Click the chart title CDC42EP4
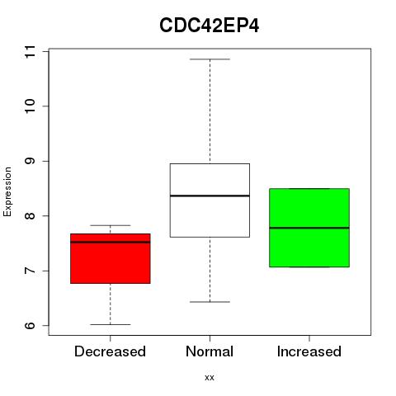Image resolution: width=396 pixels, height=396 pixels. coord(210,26)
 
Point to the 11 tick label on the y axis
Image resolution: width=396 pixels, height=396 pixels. coord(30,52)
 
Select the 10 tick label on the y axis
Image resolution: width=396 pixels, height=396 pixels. coord(30,106)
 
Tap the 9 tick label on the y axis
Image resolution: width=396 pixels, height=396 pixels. coord(30,161)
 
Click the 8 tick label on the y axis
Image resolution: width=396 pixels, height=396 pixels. coord(30,216)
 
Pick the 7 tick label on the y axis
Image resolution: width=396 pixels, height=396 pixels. coord(30,271)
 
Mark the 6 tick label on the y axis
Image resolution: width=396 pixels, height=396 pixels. coord(30,326)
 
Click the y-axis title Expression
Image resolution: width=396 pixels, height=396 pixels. coord(7,191)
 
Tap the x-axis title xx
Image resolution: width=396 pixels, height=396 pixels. coord(210,378)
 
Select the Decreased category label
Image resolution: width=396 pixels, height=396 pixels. coord(110,351)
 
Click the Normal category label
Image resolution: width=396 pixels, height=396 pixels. coord(210,351)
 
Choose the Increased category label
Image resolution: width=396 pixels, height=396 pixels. coord(309,351)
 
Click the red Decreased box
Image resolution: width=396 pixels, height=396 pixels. coord(111,258)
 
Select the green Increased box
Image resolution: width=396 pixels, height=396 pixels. coord(309,228)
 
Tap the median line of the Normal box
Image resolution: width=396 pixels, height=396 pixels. coord(210,196)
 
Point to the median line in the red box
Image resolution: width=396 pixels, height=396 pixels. coord(111,243)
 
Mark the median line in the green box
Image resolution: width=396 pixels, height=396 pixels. coord(309,228)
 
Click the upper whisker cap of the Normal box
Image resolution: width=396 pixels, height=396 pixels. coord(210,59)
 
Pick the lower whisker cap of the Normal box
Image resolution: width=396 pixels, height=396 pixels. coord(210,302)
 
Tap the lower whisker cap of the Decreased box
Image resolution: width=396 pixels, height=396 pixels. coord(111,325)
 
